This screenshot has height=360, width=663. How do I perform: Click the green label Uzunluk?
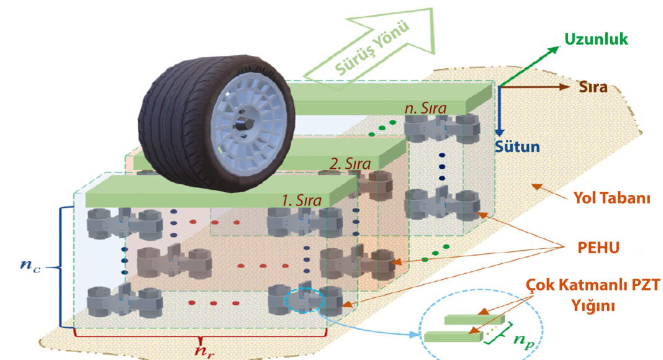tap(596, 40)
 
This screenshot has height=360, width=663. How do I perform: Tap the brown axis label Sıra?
tap(592, 87)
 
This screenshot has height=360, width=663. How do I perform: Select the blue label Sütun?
tap(517, 148)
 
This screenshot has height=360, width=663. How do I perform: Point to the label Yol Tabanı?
tap(611, 199)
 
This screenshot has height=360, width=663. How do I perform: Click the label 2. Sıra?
tap(352, 164)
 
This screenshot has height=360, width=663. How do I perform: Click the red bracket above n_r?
tap(200, 336)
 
